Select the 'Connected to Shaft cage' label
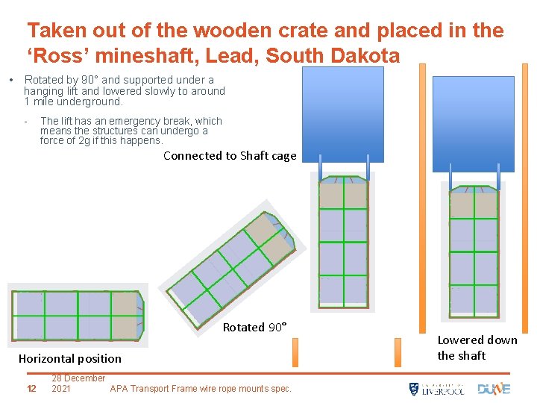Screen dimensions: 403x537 (x=230, y=156)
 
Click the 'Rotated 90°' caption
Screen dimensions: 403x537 (x=254, y=328)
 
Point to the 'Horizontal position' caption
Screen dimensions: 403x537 (x=69, y=359)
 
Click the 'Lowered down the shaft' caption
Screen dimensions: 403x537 (x=477, y=348)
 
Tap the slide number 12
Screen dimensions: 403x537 (x=31, y=388)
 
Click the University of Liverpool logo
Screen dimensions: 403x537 (x=436, y=389)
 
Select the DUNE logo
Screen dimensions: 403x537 (x=494, y=388)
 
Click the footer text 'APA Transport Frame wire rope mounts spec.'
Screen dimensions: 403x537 (x=201, y=388)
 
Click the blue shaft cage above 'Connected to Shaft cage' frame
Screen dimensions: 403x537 (x=342, y=114)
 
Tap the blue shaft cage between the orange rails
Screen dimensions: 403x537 (x=473, y=123)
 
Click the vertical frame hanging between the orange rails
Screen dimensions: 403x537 (x=474, y=250)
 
